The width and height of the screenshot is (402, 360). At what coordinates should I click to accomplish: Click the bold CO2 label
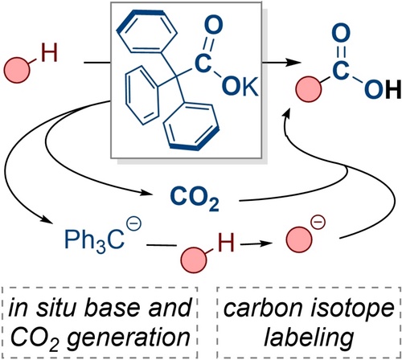[x=195, y=198]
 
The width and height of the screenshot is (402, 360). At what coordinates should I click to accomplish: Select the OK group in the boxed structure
[x=240, y=87]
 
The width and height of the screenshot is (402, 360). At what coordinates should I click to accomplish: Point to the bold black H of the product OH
[x=393, y=89]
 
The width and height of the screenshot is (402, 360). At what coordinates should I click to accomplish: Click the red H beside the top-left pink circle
[x=49, y=53]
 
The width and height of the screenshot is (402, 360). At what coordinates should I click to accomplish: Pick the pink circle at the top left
[x=17, y=70]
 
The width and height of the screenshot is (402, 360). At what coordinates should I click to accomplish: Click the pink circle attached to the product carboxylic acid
[x=309, y=89]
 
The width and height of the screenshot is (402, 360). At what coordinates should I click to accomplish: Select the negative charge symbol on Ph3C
[x=133, y=225]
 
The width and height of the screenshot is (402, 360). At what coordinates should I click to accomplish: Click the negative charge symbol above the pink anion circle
[x=318, y=223]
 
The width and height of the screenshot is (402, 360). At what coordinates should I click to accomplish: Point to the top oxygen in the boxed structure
[x=213, y=25]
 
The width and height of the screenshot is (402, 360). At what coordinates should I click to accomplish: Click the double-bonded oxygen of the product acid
[x=341, y=33]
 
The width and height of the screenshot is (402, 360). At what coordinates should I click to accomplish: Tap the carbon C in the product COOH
[x=341, y=70]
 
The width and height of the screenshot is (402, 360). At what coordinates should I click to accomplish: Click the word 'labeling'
[x=309, y=337]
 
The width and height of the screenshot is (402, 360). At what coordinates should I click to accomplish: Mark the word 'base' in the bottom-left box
[x=114, y=308]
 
